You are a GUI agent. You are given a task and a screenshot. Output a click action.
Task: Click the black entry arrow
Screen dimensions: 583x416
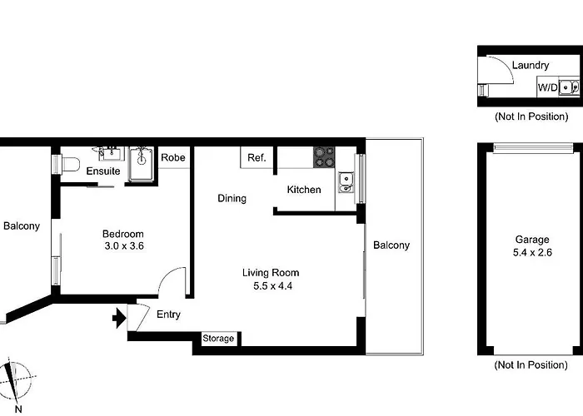(119, 318)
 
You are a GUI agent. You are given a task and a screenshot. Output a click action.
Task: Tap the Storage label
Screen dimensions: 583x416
(218, 339)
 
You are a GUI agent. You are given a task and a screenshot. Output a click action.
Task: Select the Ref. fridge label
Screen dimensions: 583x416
(257, 157)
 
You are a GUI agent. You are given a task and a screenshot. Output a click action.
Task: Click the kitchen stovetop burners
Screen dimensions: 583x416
(324, 157)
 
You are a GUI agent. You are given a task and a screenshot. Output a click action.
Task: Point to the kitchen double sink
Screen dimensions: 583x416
(346, 182)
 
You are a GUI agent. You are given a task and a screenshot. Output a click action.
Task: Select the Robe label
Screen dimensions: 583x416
(173, 157)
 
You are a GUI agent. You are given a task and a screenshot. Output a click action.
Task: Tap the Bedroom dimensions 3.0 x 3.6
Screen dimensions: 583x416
(124, 246)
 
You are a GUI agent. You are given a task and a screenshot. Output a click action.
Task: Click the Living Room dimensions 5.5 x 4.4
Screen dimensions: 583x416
(273, 286)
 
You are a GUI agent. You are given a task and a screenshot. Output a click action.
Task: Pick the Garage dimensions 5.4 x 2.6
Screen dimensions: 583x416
(532, 253)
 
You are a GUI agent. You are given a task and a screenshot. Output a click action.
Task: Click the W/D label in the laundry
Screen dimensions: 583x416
(548, 87)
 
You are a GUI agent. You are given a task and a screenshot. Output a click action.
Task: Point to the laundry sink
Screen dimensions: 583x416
(569, 87)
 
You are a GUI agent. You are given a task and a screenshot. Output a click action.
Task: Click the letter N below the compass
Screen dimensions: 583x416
(18, 409)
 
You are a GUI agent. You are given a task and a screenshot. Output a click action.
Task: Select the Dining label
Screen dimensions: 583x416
(232, 198)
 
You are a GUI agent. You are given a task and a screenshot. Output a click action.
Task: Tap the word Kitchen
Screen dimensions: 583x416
(304, 190)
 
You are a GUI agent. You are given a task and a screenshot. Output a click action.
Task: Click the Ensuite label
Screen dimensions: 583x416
(103, 171)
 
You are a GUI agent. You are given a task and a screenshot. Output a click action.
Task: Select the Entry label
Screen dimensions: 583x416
(168, 314)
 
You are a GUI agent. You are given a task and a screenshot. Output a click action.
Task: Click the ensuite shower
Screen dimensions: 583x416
(142, 164)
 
